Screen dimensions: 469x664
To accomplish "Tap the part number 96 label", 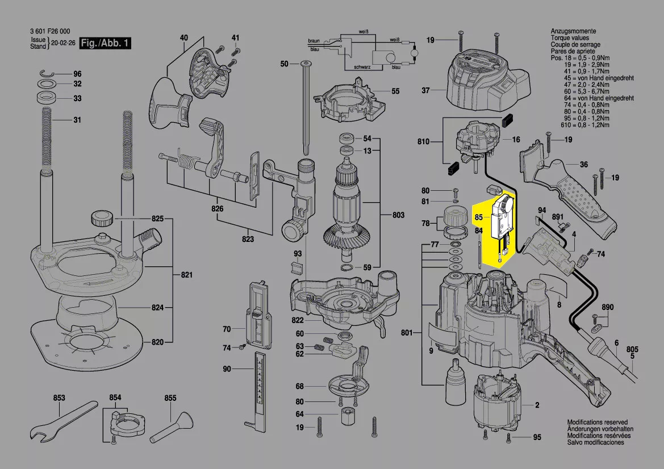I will coord(77,74).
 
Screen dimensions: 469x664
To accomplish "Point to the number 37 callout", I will coord(425,90).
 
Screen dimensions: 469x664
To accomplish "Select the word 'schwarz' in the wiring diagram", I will coord(363,67).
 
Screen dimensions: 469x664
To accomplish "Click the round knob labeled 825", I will coord(102,218).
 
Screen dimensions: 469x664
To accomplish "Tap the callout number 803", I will coord(398,215).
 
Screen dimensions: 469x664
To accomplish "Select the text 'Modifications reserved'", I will coord(597,422).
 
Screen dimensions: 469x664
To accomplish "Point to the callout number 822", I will coord(298,321).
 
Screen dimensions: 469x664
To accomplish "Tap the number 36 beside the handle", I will coord(583,165).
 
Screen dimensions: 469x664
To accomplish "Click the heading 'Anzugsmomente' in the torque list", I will coord(573,31).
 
